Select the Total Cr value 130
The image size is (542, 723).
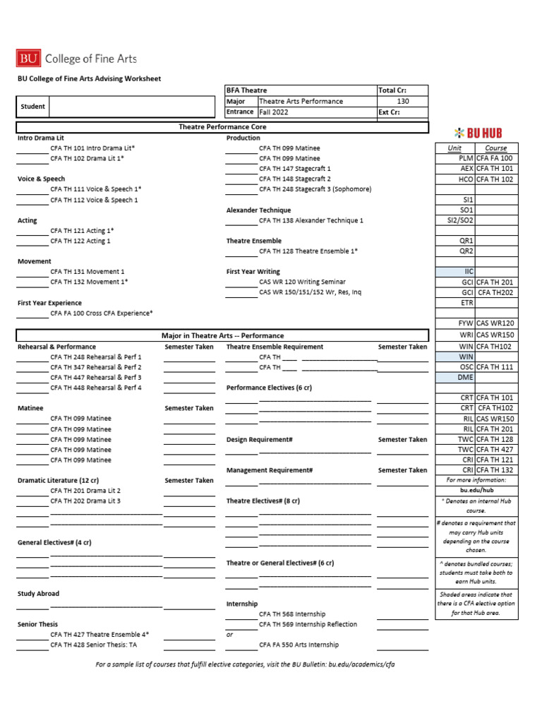pos(402,102)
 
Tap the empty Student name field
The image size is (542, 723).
pos(131,107)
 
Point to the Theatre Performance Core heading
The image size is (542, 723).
pos(222,127)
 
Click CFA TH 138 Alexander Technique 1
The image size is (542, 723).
pos(311,221)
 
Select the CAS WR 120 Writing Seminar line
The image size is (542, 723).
pos(301,282)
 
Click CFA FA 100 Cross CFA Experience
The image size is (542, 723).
pos(101,313)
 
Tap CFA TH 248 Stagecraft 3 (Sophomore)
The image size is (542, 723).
pos(315,189)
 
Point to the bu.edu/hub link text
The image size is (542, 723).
pos(476,490)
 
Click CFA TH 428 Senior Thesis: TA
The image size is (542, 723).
pos(93,645)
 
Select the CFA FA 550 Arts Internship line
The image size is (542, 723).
pos(299,645)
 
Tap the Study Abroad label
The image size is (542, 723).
pos(38,594)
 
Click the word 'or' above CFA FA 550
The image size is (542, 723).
pos(229,634)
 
